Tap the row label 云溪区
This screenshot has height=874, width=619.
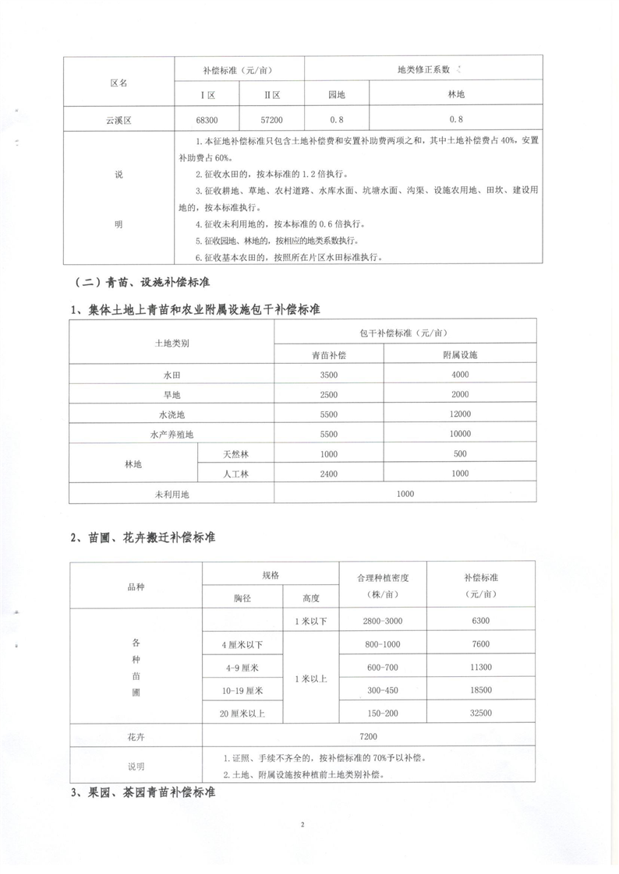coord(119,120)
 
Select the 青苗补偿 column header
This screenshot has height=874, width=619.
coord(328,355)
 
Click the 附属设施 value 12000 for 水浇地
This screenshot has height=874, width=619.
coord(460,414)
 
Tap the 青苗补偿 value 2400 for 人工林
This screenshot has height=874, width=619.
coord(328,473)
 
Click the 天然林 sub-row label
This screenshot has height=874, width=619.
coord(235,453)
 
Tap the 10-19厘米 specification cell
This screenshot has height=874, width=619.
coord(242,691)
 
